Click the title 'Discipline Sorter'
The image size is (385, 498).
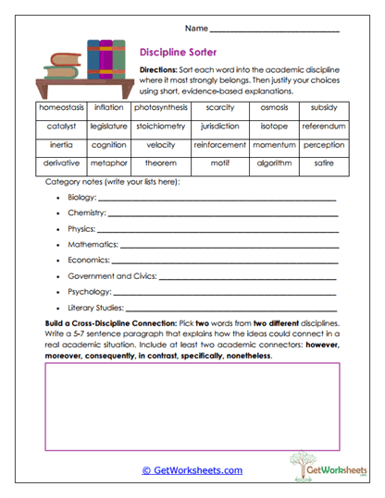[178, 53]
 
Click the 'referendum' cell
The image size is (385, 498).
[324, 126]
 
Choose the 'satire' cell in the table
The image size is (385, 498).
[324, 164]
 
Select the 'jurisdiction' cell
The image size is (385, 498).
[219, 126]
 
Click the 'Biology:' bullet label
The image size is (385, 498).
[81, 198]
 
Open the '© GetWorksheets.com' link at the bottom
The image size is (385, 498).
[192, 470]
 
